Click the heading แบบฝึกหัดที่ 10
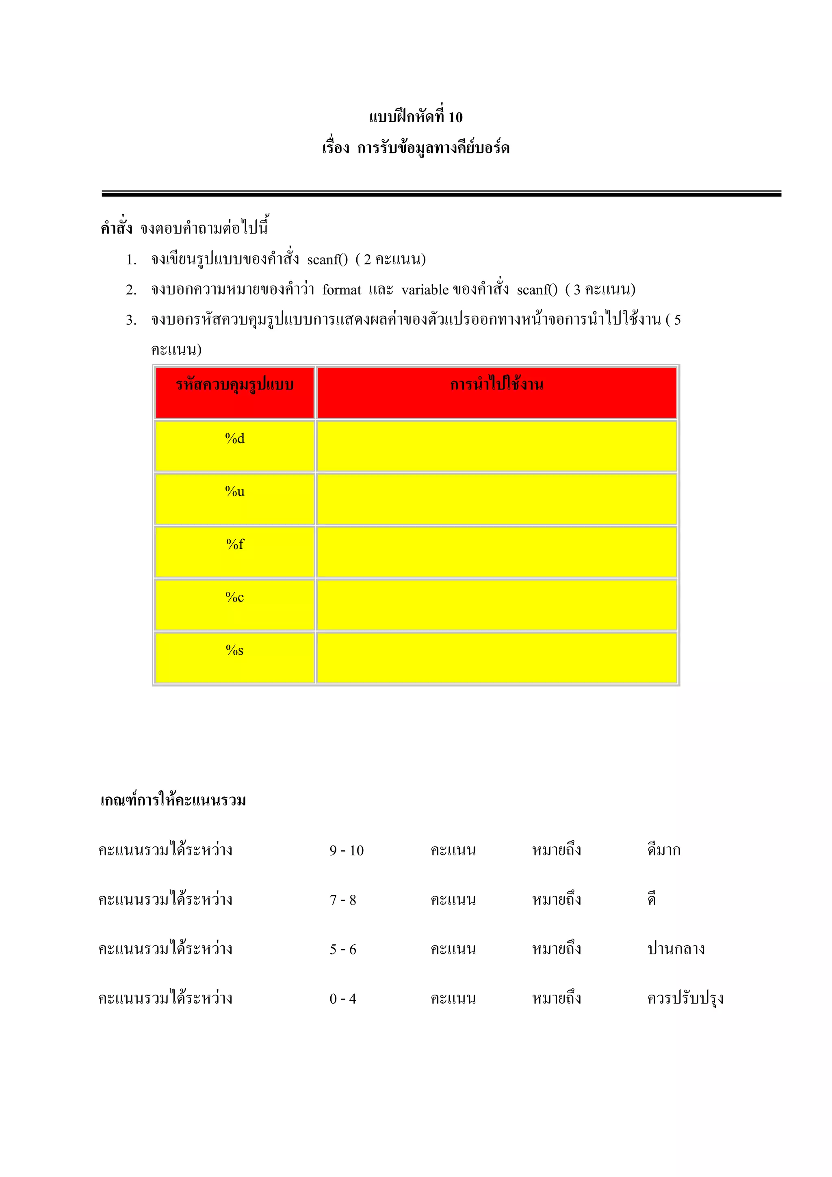pos(415,117)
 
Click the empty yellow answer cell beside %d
pos(496,446)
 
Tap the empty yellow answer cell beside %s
pos(496,657)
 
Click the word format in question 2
pos(341,290)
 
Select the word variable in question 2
pos(425,290)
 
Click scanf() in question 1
pos(327,260)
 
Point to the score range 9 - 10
pos(347,851)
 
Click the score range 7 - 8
pos(342,900)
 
